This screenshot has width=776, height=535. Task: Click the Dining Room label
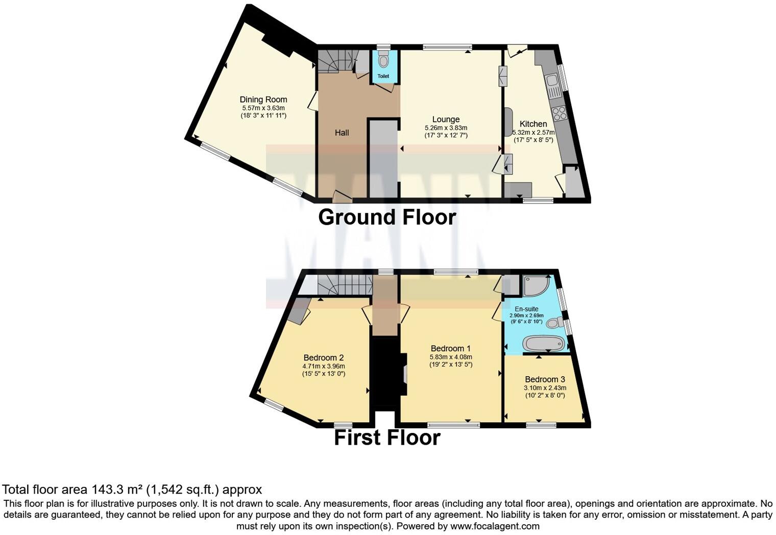pos(263,100)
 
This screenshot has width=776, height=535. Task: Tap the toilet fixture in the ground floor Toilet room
pos(383,60)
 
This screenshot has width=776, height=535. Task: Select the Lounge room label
pos(446,119)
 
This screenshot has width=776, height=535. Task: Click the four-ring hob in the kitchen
pos(559,113)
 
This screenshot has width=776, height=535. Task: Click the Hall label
pos(342,133)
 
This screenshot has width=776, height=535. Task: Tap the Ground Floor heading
pos(387,217)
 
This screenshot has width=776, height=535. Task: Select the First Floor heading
pos(387,438)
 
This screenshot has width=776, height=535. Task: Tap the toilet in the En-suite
pos(555,323)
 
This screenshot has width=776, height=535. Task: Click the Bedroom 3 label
pos(545,379)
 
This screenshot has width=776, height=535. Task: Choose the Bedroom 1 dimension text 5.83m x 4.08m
pos(451,357)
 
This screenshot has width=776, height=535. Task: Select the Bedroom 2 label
pos(324,357)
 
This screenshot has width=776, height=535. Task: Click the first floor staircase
pos(345,284)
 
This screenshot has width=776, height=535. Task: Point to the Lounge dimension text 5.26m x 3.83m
pos(446,128)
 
